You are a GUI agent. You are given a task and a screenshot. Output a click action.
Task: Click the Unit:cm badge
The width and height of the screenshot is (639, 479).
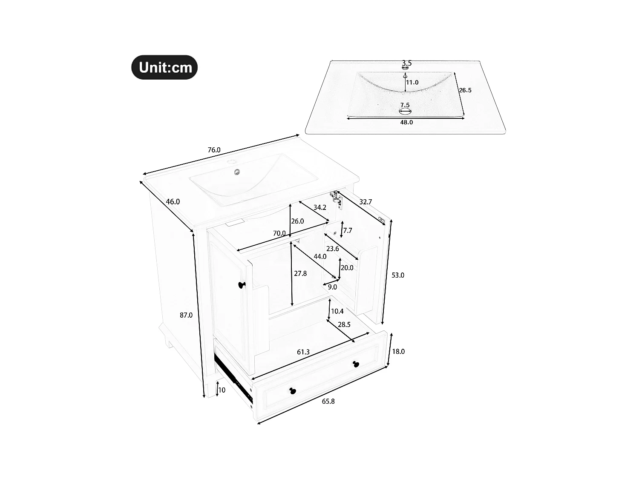[164, 67]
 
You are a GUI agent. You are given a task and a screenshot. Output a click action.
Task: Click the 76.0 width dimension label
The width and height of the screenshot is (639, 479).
[214, 150]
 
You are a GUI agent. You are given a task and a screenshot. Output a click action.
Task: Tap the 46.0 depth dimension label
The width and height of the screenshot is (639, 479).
[173, 202]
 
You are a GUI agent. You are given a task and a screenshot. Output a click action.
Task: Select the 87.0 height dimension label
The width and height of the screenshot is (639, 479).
[186, 315]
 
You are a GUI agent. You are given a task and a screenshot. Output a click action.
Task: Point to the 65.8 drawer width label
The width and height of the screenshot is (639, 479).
[328, 401]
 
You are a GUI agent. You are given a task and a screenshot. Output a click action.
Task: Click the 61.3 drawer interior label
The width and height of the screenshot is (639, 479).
[303, 352]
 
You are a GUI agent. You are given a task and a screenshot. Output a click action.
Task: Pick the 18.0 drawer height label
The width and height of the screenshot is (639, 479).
[398, 351]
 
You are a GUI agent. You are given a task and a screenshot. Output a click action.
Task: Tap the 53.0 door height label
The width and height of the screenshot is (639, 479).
[397, 275]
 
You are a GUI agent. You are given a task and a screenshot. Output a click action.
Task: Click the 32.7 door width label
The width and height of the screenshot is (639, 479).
[366, 202]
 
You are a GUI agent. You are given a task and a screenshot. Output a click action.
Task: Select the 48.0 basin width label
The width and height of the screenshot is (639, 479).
[406, 122]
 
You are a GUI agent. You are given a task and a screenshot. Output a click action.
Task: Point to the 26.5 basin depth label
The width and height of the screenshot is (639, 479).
[465, 90]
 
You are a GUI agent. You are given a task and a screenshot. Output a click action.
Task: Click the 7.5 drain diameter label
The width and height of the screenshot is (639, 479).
[405, 105]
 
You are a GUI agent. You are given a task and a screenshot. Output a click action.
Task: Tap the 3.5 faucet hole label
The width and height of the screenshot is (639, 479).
[406, 63]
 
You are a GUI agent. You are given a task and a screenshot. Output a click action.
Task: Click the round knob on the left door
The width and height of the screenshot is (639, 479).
[242, 284]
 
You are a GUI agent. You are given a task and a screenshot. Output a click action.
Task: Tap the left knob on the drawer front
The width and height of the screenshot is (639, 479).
[292, 390]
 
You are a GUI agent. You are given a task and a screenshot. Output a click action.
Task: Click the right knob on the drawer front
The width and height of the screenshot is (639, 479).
[356, 364]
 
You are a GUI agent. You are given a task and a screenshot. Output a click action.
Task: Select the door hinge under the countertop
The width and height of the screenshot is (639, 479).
[337, 199]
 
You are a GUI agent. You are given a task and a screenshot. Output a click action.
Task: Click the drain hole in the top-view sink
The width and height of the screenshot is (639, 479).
[405, 112]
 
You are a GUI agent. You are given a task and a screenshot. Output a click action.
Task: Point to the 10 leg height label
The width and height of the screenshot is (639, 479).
[222, 390]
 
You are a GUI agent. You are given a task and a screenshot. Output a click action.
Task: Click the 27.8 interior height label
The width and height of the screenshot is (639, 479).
[300, 273]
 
